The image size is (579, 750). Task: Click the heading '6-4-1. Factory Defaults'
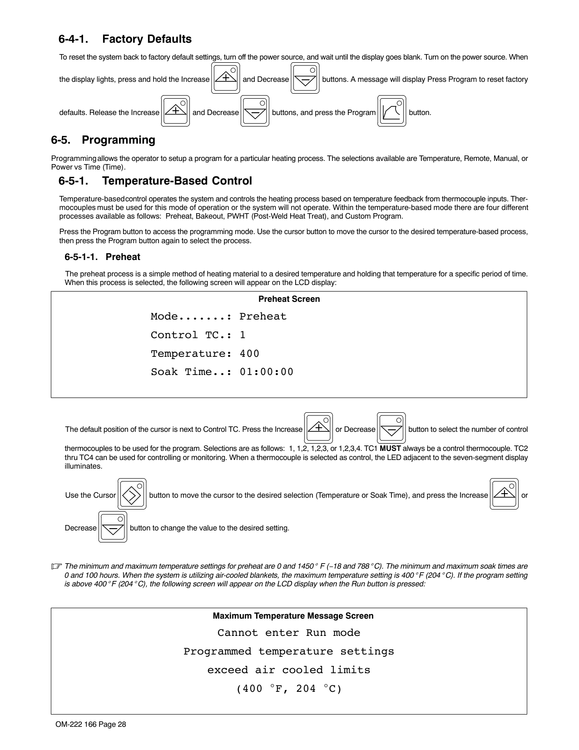click(125, 39)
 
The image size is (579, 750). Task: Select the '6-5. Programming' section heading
click(103, 140)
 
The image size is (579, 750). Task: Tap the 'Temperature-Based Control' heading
click(155, 181)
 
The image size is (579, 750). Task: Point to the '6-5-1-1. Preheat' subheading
click(102, 257)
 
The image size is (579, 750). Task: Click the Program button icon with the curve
click(391, 111)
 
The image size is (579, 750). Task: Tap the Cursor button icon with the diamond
click(132, 494)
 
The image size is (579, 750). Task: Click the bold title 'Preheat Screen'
click(289, 299)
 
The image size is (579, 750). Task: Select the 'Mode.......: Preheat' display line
click(218, 316)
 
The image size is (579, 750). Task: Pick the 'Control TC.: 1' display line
click(198, 335)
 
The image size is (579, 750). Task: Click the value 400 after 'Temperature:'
click(249, 354)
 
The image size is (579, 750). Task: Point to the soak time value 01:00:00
click(266, 372)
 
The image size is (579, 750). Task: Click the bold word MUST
click(390, 449)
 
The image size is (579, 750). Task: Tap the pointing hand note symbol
click(56, 566)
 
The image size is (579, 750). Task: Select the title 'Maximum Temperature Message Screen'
click(293, 616)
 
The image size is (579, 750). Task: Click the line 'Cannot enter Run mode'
click(289, 633)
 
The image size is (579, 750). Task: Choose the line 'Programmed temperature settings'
click(289, 651)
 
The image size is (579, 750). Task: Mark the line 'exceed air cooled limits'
click(289, 670)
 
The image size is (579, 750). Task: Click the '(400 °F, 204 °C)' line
click(289, 689)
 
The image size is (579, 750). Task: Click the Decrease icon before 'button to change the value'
click(113, 527)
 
